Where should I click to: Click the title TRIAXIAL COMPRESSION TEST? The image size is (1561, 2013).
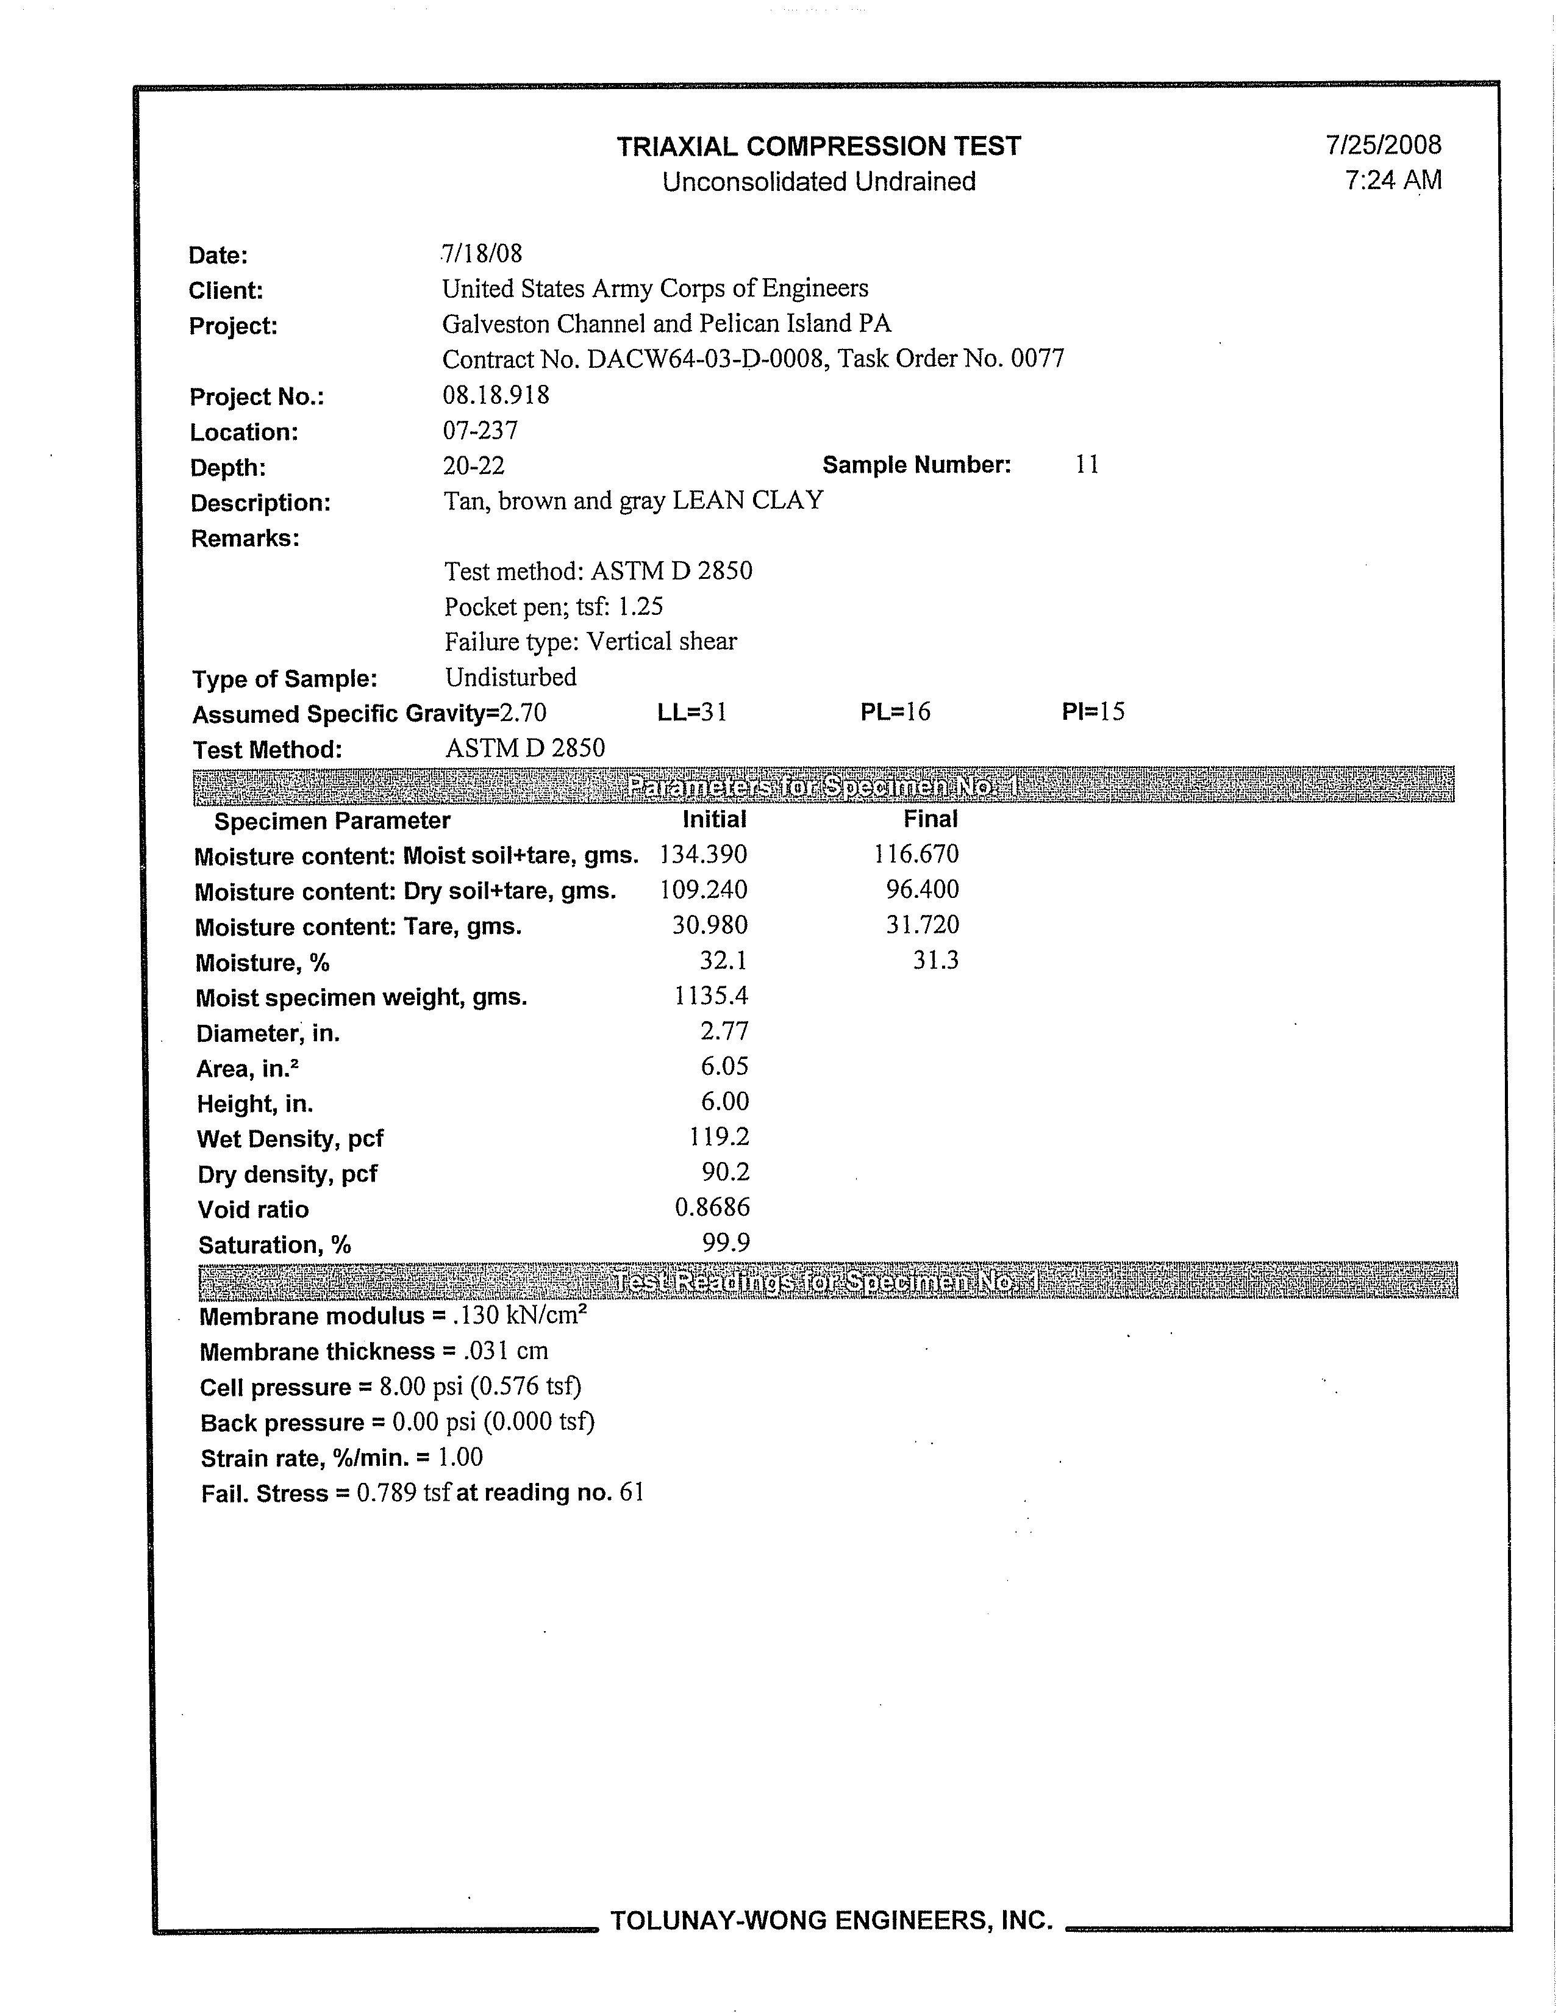(818, 146)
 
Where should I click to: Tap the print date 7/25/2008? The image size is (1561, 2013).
(1383, 145)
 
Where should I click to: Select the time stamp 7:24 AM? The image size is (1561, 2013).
(1392, 180)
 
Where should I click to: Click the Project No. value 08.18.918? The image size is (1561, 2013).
(496, 395)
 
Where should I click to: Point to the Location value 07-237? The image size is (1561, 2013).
(480, 431)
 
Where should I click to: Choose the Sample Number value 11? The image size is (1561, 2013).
(1087, 465)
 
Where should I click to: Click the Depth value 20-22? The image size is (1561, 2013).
(474, 465)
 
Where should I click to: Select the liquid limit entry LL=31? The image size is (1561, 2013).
(692, 712)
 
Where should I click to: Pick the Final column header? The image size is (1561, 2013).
(930, 819)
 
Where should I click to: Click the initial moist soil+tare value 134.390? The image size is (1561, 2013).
(703, 855)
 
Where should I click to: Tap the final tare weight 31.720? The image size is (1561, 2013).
(923, 925)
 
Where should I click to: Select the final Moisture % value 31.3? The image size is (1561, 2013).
(935, 960)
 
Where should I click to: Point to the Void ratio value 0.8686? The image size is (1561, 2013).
(712, 1207)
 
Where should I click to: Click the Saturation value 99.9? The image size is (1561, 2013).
(725, 1243)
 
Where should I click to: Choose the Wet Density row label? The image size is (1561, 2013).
(290, 1139)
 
